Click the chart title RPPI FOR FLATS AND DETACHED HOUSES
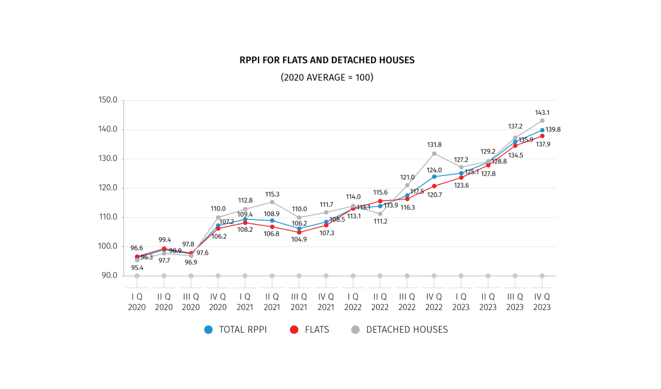point(327,60)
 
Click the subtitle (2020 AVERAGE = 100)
point(327,77)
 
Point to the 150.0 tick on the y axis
point(107,100)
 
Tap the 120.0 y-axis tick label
point(107,188)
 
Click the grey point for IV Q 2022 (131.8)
point(434,153)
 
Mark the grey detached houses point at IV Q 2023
point(542,120)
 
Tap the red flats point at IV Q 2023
point(542,136)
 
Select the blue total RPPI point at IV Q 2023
point(542,130)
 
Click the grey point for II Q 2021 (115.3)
point(272,202)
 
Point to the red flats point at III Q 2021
point(299,232)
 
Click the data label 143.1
point(543,112)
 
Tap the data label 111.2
point(380,222)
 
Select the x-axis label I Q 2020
point(137,302)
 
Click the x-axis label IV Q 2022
point(434,302)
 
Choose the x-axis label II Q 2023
point(488,302)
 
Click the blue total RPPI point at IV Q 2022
point(434,177)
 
